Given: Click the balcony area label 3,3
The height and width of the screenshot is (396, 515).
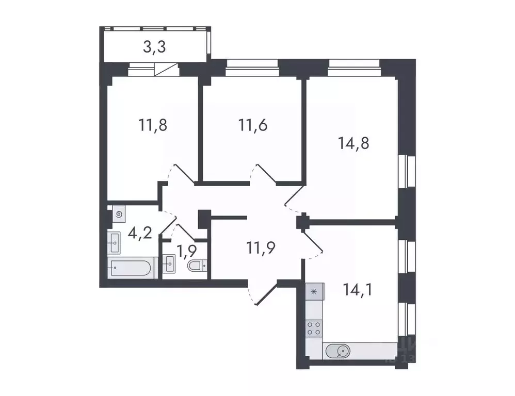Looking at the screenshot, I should [154, 48].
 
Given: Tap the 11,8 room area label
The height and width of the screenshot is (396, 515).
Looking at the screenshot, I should [152, 125].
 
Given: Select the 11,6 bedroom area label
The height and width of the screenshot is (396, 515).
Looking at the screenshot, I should [252, 125].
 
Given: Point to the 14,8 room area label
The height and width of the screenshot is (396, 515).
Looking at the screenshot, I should [353, 143].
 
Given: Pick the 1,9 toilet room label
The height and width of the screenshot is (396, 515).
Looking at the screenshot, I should [186, 253].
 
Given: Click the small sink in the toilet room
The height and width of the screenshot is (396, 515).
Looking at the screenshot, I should [168, 266].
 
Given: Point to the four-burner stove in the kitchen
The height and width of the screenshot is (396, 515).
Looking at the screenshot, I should [314, 328].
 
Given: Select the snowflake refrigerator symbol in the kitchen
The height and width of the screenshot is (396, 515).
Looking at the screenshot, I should [314, 292].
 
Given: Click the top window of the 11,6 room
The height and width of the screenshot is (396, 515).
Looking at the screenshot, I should [252, 65].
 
